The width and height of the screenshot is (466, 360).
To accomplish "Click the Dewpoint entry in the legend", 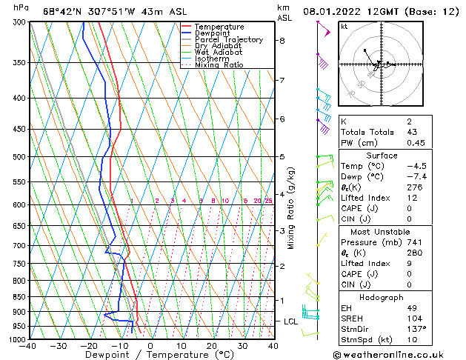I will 213,33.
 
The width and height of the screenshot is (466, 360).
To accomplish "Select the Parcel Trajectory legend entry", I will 228,40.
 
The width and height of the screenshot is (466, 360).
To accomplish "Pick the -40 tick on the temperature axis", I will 30,346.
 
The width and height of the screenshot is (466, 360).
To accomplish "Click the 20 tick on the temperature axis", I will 212,346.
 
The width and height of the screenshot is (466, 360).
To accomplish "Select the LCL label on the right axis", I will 290,321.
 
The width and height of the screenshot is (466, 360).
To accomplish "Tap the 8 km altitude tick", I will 282,41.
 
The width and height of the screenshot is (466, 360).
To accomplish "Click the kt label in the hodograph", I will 344,26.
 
